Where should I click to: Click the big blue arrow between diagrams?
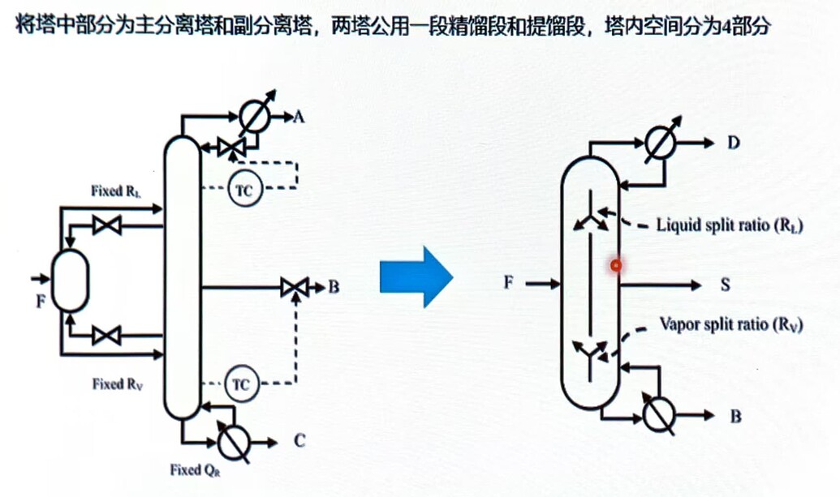tap(415, 277)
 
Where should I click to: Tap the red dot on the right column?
tap(616, 264)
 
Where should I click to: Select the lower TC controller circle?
tap(240, 381)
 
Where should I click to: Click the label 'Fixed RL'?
tap(119, 191)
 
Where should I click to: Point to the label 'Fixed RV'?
tap(118, 383)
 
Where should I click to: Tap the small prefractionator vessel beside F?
tap(71, 280)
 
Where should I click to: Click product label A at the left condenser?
tap(299, 118)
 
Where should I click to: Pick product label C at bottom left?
tap(299, 442)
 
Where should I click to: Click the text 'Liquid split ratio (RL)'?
tap(730, 225)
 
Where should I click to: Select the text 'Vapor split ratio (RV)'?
tap(730, 325)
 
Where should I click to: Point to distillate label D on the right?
tap(734, 144)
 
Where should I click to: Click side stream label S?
tap(726, 285)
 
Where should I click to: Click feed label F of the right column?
tap(509, 283)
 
